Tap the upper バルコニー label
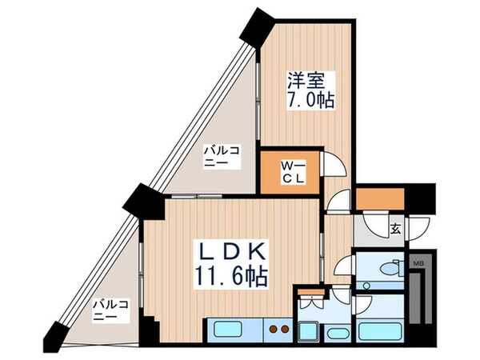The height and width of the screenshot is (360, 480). [x=218, y=155]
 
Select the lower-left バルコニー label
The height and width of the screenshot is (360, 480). [x=106, y=310]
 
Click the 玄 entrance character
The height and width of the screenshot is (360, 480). [x=395, y=228]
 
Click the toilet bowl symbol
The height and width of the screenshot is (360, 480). [x=393, y=269]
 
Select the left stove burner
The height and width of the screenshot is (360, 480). [x=271, y=328]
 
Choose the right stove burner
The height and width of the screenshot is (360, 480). [x=283, y=328]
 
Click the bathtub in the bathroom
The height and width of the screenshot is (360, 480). [x=379, y=330]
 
